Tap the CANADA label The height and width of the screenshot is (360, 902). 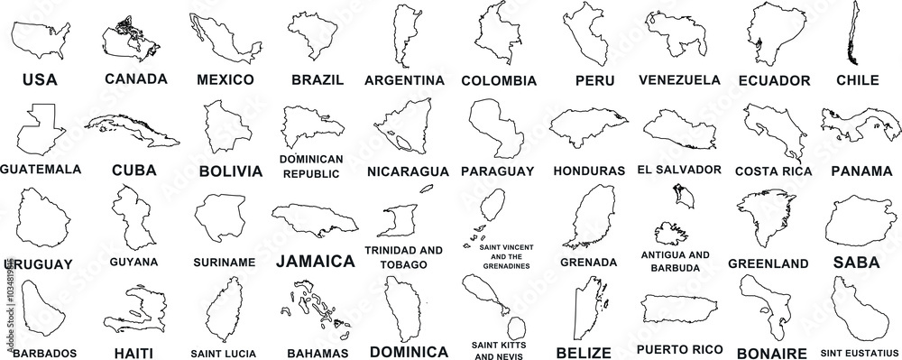coord(135,78)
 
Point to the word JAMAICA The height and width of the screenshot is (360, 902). coord(314,262)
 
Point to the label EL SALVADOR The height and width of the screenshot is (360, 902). coord(678,169)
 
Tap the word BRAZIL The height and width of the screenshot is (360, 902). coord(318,79)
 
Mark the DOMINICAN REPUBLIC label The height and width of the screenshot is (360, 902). coord(311,166)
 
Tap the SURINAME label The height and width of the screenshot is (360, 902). coord(224,263)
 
